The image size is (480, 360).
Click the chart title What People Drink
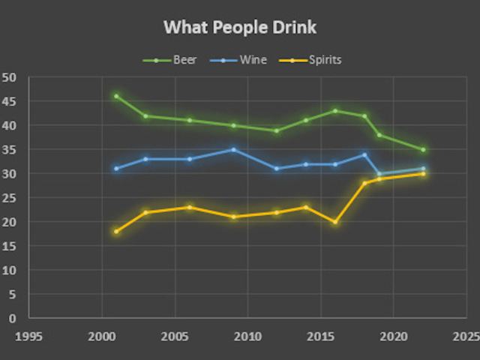pos(240,28)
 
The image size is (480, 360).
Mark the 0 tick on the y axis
pos(13,318)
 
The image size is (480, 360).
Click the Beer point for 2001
pos(116,96)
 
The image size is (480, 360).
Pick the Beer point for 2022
pos(423,149)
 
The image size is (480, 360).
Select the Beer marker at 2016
pos(335,111)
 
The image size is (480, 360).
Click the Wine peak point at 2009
pos(233,149)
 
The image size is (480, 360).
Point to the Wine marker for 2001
pos(116,169)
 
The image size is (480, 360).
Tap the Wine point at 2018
pos(364,154)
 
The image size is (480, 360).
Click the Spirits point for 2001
pos(116,231)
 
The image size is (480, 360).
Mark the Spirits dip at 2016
pos(335,221)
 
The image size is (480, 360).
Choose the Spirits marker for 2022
pos(423,173)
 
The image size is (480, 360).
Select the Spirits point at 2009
pos(233,217)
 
